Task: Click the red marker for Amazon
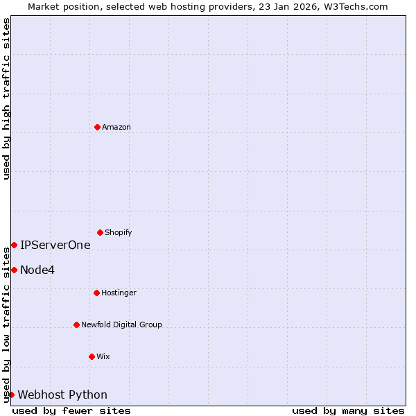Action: point(97,127)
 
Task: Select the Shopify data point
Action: point(100,232)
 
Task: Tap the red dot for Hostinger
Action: point(96,293)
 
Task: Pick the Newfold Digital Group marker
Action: point(76,324)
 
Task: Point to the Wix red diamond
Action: point(92,356)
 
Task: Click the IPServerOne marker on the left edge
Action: point(14,245)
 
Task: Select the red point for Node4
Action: point(14,270)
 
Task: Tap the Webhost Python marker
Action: point(11,395)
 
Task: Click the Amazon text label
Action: point(116,127)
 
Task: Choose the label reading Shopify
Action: point(119,232)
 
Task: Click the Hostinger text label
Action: point(119,293)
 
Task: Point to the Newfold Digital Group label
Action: point(121,324)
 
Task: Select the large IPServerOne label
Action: point(55,245)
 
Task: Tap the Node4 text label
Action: point(37,270)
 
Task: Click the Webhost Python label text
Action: point(62,395)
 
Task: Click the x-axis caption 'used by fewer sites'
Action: point(71,410)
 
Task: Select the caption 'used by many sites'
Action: point(348,410)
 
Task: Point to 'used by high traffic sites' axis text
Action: point(6,98)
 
